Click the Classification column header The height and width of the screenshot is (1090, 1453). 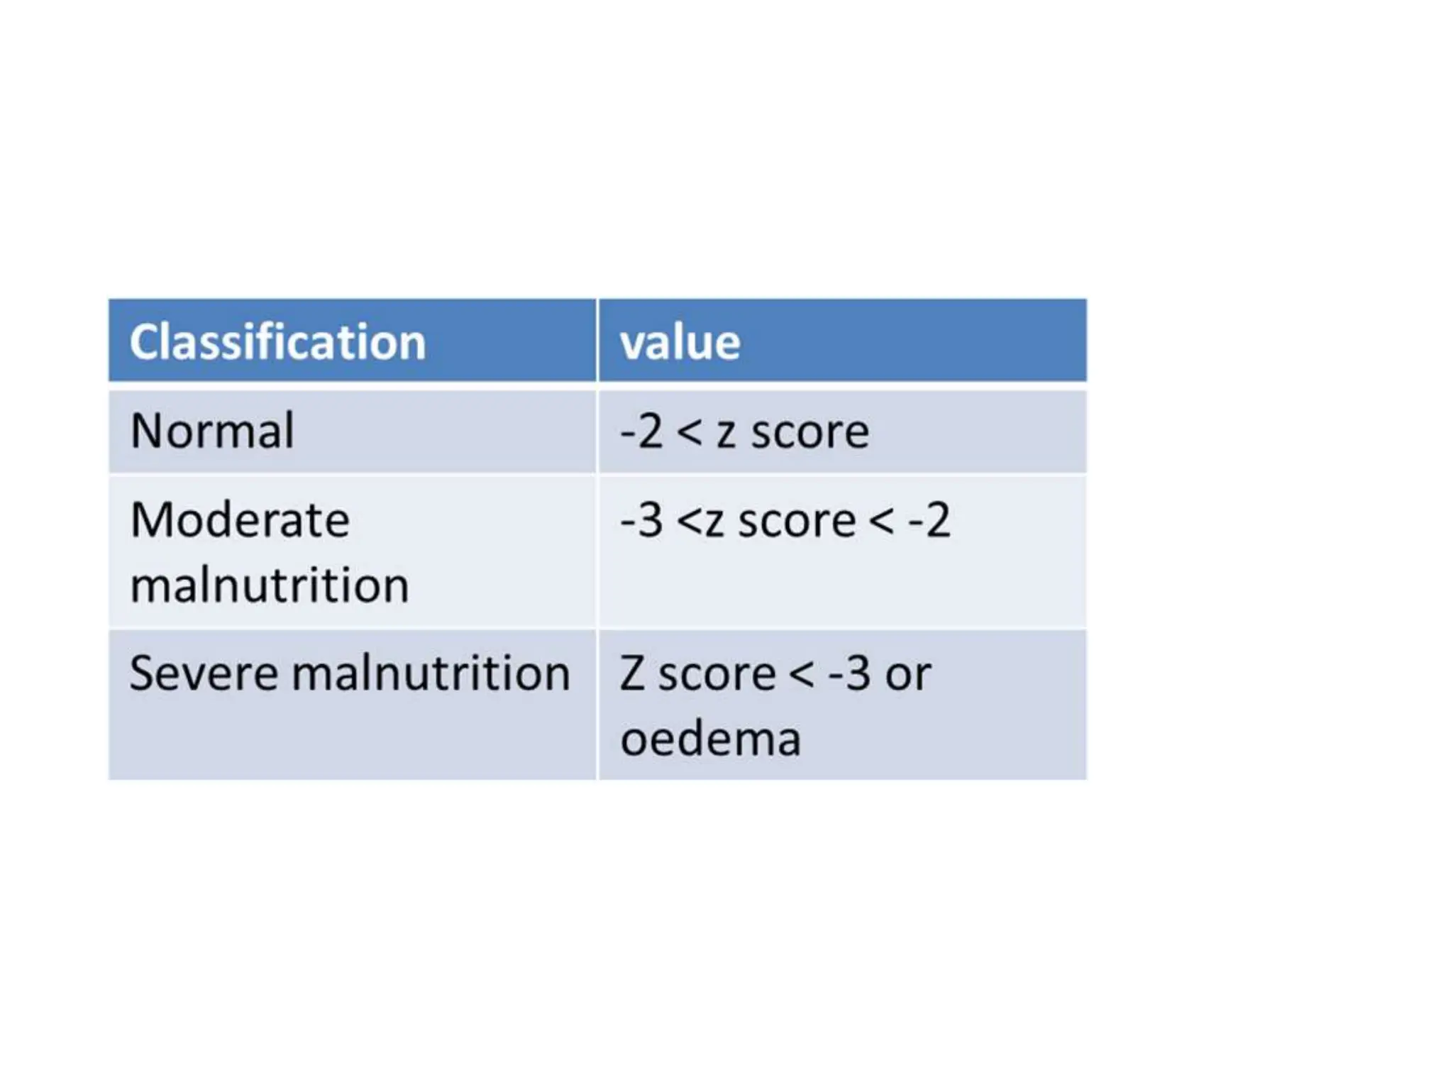pyautogui.click(x=277, y=342)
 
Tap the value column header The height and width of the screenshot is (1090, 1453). pyautogui.click(x=680, y=342)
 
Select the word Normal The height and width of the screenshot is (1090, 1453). pyautogui.click(x=212, y=431)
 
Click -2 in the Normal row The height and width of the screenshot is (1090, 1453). pyautogui.click(x=641, y=431)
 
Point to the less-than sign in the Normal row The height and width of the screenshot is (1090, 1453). pyautogui.click(x=689, y=432)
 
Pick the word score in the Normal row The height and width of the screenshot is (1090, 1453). pyautogui.click(x=810, y=432)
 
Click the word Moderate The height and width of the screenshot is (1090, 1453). pyautogui.click(x=240, y=519)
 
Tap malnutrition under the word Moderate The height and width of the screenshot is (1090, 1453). pyautogui.click(x=270, y=585)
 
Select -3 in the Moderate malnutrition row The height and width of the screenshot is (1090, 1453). pyautogui.click(x=641, y=520)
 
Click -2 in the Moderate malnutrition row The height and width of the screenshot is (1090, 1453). pyautogui.click(x=929, y=520)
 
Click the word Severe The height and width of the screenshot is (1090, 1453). pyautogui.click(x=204, y=673)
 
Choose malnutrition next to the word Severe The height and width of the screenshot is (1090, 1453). pyautogui.click(x=431, y=673)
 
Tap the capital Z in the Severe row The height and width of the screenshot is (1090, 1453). pyautogui.click(x=632, y=673)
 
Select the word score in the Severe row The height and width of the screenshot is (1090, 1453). pyautogui.click(x=717, y=674)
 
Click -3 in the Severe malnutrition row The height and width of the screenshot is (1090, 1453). pyautogui.click(x=849, y=673)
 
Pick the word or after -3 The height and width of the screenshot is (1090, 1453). pyautogui.click(x=908, y=674)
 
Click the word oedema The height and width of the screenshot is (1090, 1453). pyautogui.click(x=710, y=739)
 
